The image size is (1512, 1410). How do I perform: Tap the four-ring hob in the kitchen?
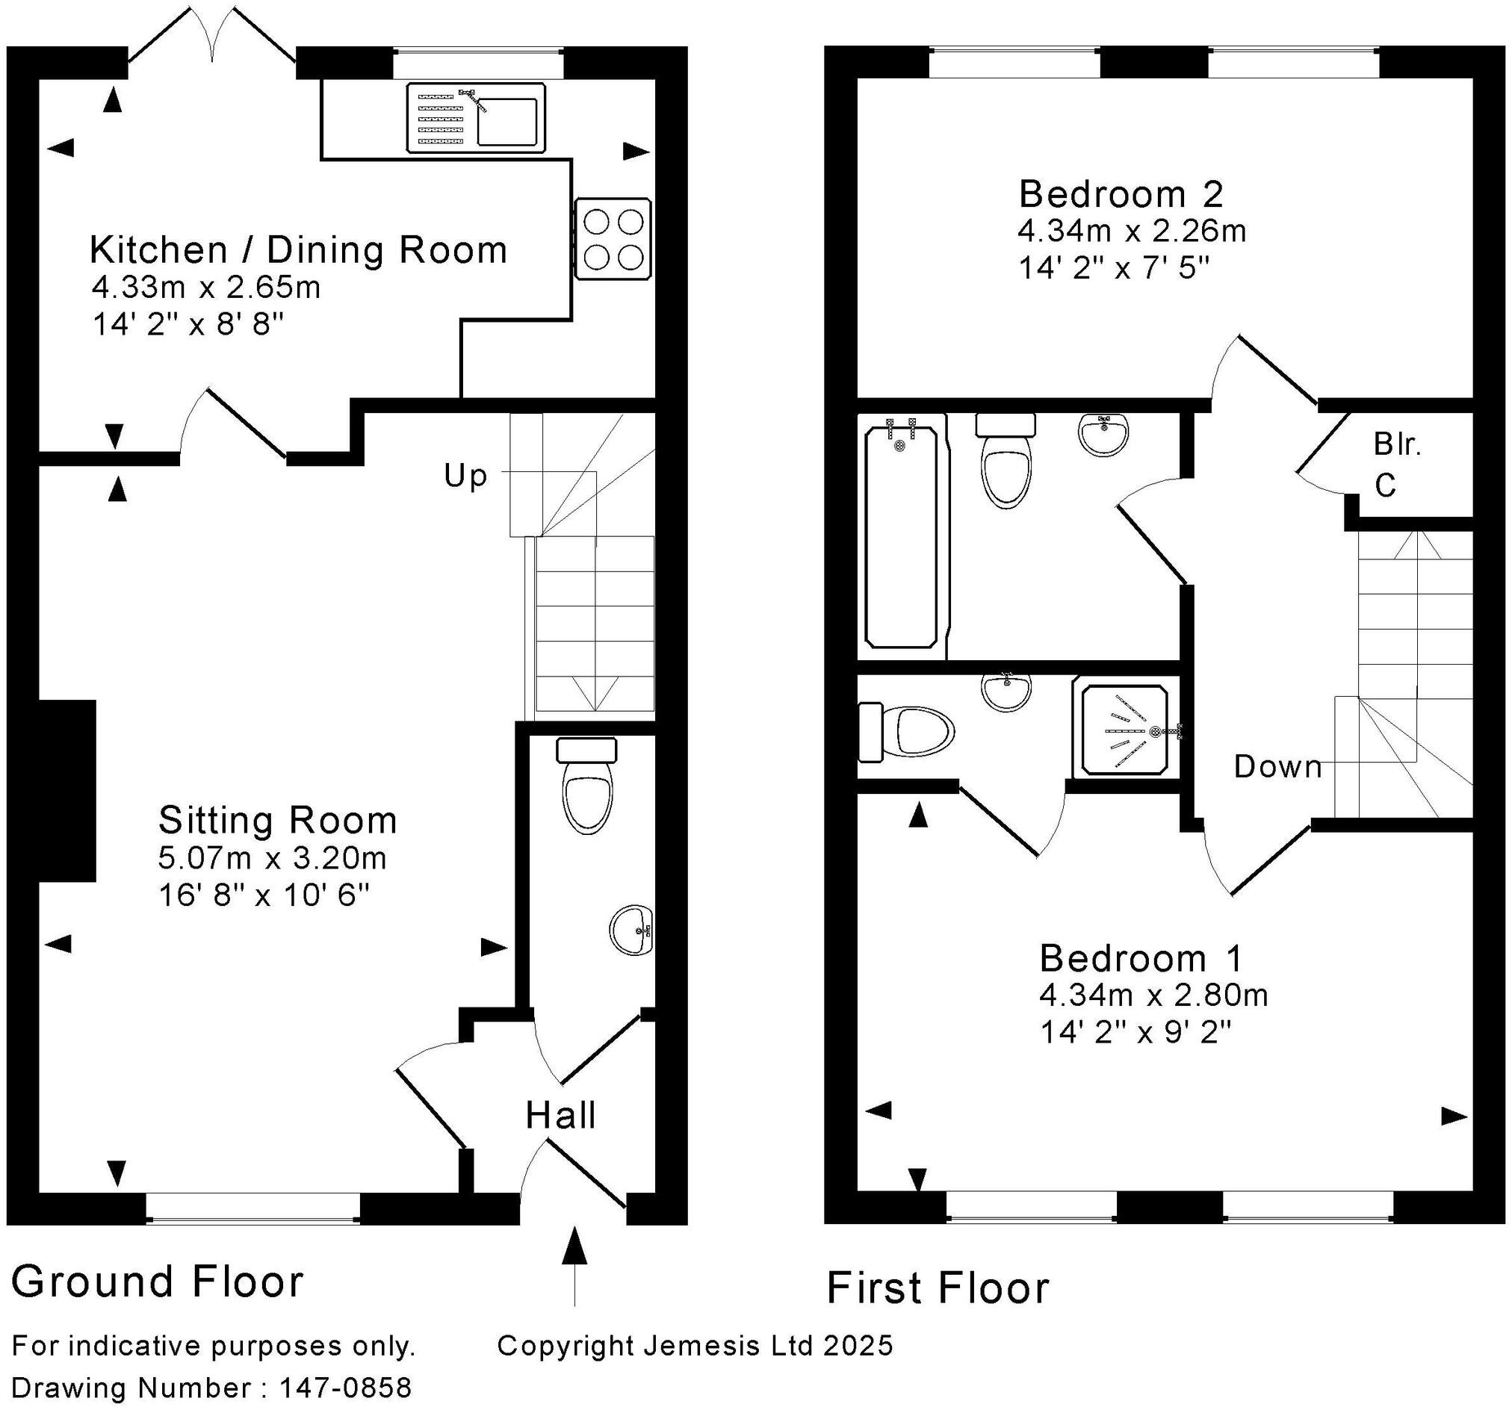(x=613, y=240)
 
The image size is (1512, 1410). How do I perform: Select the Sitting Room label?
(x=278, y=821)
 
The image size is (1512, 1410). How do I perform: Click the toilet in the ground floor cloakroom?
(x=587, y=793)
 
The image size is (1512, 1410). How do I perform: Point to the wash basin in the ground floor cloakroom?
(x=631, y=929)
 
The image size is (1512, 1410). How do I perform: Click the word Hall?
(x=560, y=1116)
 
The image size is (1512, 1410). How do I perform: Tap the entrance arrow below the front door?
(x=574, y=1262)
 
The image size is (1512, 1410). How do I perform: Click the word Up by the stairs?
(x=465, y=476)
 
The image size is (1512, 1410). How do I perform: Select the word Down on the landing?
(x=1277, y=766)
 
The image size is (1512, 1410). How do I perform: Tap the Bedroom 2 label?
(x=1121, y=195)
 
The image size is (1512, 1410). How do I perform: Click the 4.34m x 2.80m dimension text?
(x=1153, y=995)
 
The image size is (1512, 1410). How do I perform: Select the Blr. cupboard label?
(x=1397, y=445)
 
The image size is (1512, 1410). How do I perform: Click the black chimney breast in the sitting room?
(x=67, y=790)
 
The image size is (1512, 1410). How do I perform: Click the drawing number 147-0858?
(x=345, y=1388)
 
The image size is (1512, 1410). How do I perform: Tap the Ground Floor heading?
(x=158, y=1282)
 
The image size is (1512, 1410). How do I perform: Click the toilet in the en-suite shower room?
(x=909, y=733)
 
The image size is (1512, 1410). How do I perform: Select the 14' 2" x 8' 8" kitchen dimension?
(x=188, y=326)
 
